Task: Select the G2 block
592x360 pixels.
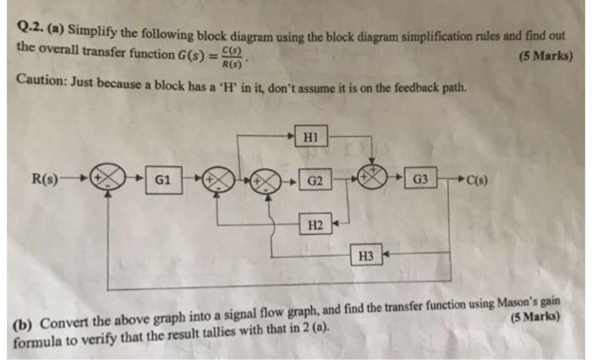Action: point(315,181)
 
